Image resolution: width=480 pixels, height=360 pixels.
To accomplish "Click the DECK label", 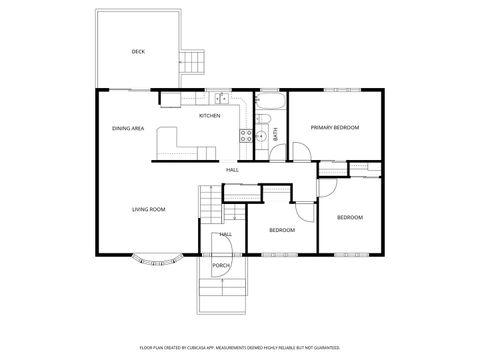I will pos(138,51).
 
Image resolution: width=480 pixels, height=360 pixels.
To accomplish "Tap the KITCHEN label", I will pos(210,116).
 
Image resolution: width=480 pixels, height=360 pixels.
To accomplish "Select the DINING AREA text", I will pos(128,128).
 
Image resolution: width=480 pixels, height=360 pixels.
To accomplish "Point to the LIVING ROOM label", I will pos(148,209).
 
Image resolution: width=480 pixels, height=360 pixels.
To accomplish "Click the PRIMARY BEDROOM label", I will pos(334,128).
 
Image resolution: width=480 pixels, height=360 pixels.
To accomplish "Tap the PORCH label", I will pos(220,266).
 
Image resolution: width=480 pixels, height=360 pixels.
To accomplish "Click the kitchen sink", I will pos(220,98).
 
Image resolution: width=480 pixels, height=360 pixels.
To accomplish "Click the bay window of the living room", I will pos(157,262).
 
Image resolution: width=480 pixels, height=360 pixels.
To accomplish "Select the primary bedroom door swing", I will pos(299,152).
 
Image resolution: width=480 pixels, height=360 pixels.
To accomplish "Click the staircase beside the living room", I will pos(207,208).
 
